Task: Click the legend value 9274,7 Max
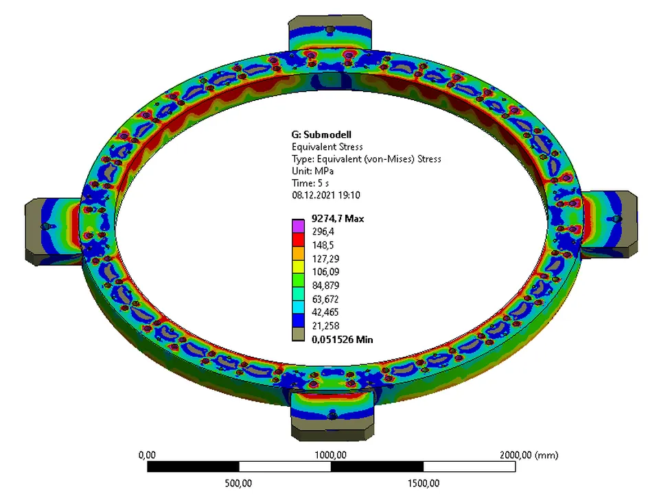pos(337,219)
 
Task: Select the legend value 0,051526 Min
pos(343,339)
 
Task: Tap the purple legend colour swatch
pos(298,224)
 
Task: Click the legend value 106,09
pos(326,272)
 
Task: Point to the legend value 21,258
pos(326,326)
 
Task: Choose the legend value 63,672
pos(326,299)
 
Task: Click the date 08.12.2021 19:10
pos(326,196)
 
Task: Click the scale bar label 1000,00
pos(331,455)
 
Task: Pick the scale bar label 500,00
pos(239,483)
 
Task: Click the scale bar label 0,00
pos(148,455)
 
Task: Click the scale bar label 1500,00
pos(423,483)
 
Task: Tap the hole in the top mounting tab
pos(331,30)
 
